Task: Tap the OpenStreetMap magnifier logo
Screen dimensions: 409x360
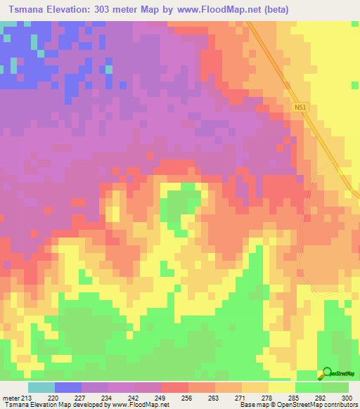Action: point(326,372)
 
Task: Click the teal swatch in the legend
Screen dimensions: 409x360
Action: point(41,387)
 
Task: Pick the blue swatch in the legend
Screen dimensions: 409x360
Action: point(68,387)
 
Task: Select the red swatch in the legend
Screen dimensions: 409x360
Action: point(175,387)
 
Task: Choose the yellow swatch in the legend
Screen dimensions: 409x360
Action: point(282,387)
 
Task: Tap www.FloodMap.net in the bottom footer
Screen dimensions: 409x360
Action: point(141,405)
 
